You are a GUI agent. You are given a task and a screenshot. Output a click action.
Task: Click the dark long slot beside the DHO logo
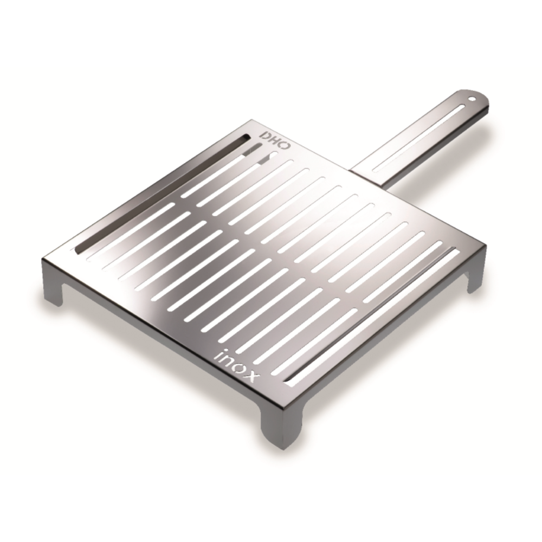[163, 192]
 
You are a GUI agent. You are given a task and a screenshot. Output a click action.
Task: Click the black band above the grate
[271, 33]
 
